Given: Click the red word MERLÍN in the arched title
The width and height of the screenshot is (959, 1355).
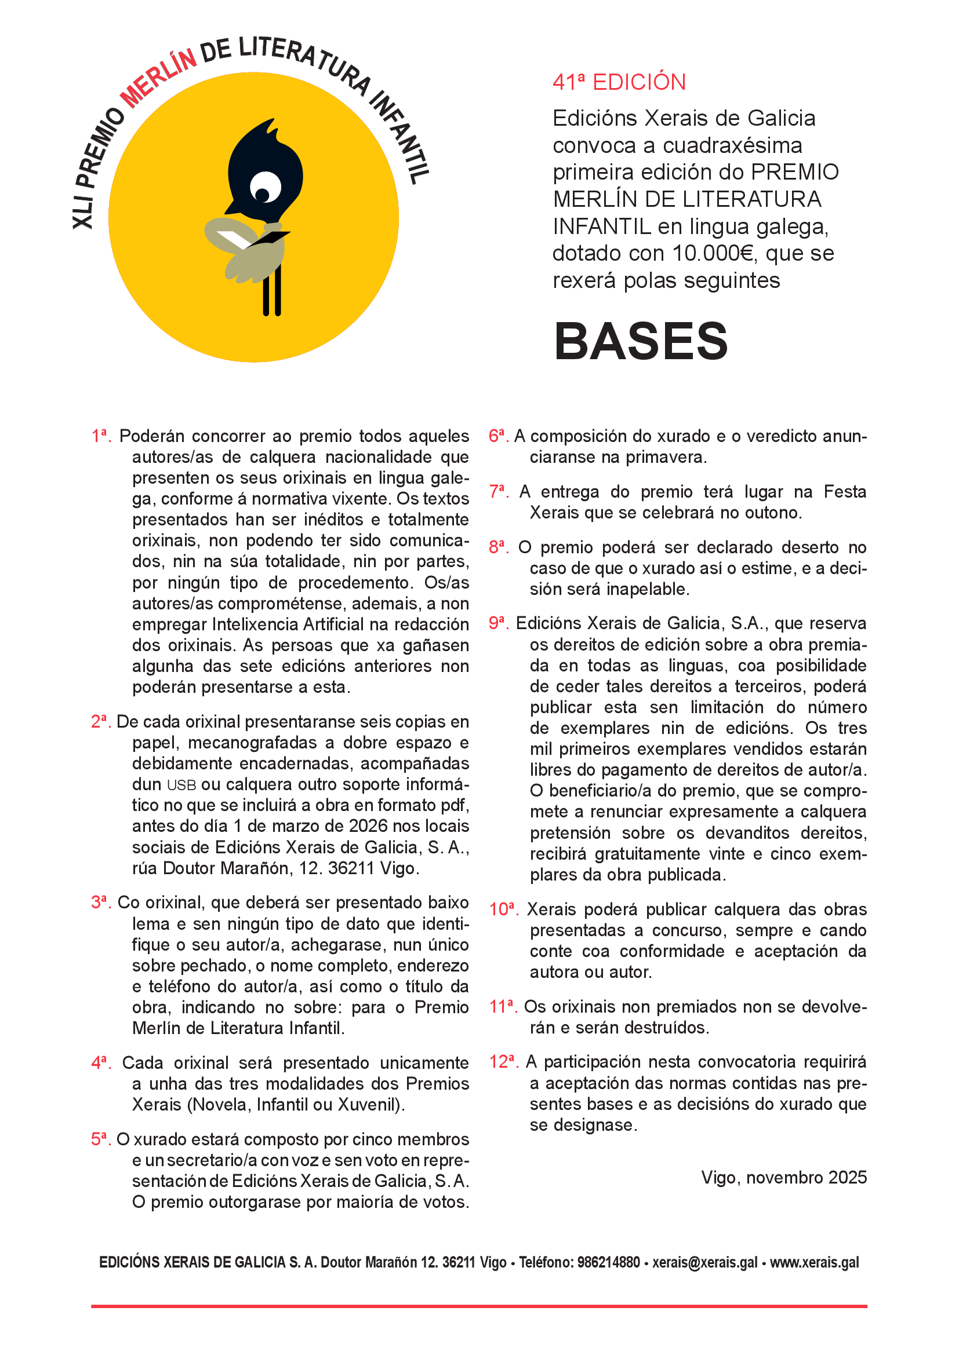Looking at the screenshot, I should pos(158,78).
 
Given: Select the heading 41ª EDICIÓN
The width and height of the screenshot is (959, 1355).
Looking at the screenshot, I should pos(619,82).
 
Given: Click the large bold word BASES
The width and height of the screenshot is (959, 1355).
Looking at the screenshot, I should pos(641,342).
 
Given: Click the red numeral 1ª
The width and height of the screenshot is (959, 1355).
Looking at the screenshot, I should pos(101,436).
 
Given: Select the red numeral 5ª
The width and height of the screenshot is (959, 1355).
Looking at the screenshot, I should pos(101,1139).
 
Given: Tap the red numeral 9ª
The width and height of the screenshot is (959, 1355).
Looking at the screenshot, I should pos(499,623).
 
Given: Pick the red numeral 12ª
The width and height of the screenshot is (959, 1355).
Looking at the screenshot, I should pos(503,1062).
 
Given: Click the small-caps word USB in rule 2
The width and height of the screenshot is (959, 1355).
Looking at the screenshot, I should pos(181,786).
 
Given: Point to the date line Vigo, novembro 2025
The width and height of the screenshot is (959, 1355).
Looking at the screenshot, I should pos(784,1177).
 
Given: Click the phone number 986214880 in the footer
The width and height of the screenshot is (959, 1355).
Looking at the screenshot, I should pos(608,1262).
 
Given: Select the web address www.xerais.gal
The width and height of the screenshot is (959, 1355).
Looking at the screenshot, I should pos(814,1262).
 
